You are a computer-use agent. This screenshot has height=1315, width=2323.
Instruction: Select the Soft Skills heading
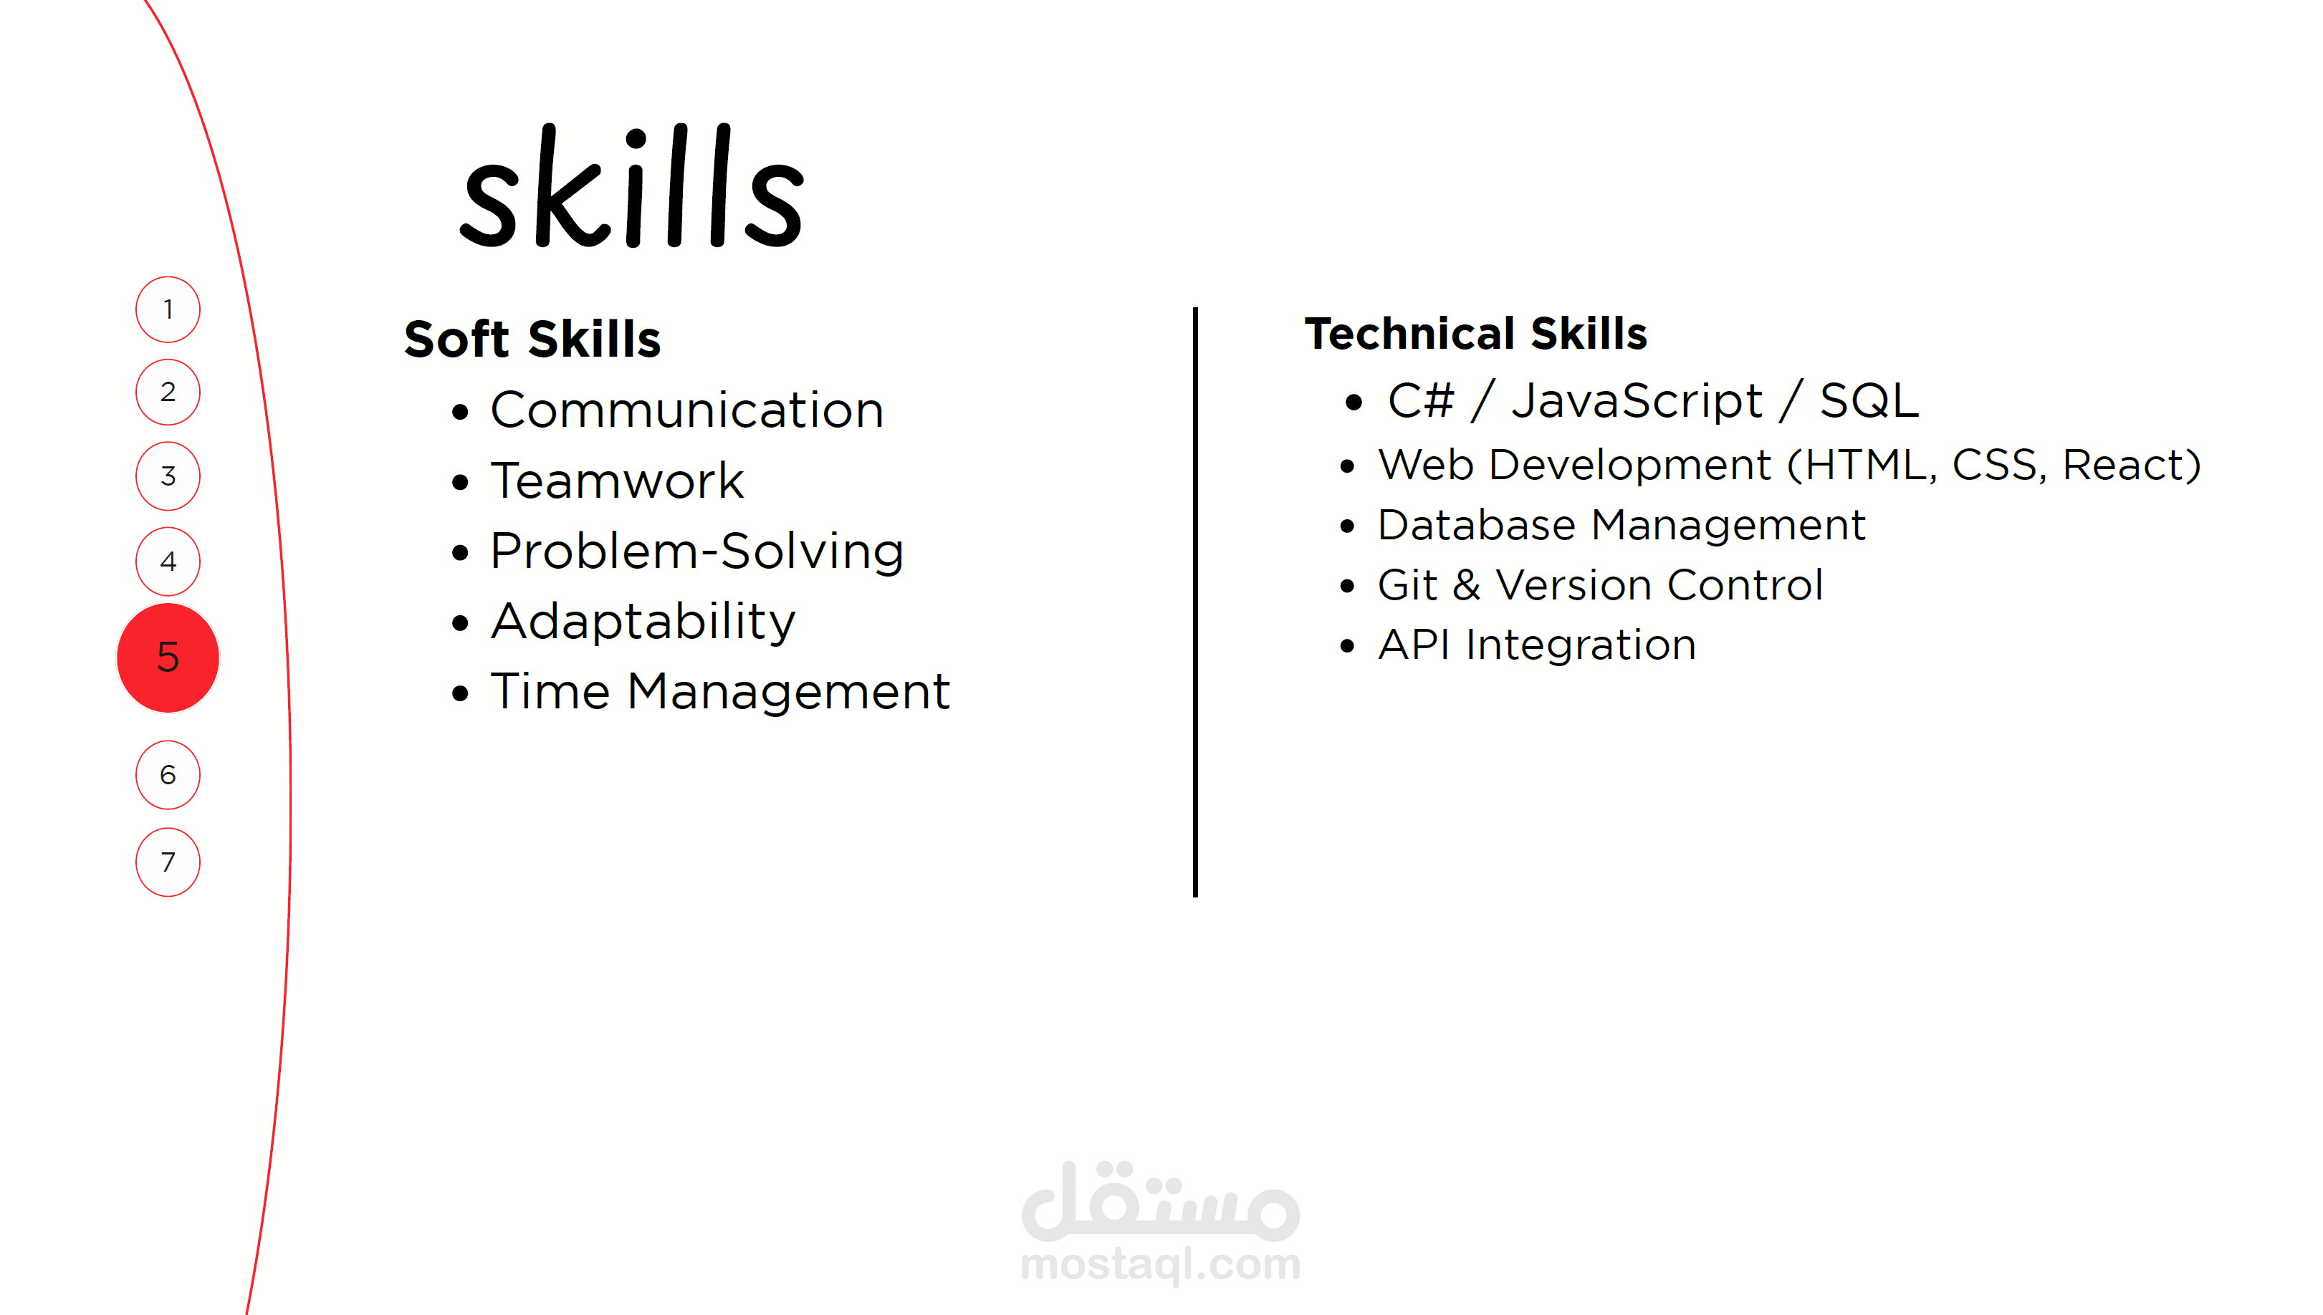(532, 339)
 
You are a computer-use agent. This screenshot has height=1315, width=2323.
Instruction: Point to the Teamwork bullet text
(617, 481)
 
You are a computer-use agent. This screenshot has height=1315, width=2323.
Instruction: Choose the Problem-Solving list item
(696, 551)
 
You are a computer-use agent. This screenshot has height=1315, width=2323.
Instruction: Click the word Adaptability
(643, 622)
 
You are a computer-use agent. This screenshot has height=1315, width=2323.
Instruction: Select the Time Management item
(720, 693)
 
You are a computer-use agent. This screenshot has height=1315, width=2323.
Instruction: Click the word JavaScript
(1637, 401)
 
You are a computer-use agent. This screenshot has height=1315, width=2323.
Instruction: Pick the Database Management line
(1621, 525)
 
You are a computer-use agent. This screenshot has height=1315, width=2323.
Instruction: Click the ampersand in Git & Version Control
(1467, 585)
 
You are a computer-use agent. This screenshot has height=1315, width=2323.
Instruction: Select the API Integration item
(1537, 645)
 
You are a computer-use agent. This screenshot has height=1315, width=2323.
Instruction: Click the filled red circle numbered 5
(168, 657)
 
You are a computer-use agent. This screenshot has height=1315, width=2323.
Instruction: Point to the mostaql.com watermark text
(1161, 1263)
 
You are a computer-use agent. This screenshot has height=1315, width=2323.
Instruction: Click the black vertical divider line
(1195, 602)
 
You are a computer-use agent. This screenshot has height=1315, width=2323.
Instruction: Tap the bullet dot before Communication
(461, 413)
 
